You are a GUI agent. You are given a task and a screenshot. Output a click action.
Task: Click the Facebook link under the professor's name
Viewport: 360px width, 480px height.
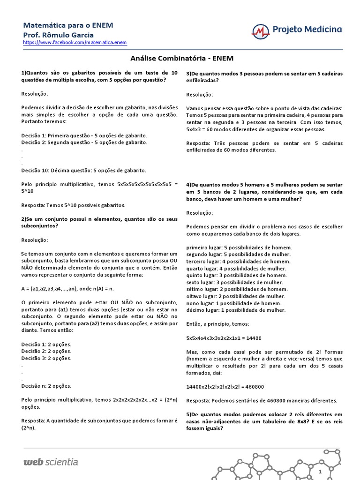point(75,43)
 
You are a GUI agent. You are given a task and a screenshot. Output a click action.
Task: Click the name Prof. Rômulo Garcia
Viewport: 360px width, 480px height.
point(59,35)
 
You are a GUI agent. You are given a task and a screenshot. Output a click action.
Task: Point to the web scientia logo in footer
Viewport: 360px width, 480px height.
point(51,462)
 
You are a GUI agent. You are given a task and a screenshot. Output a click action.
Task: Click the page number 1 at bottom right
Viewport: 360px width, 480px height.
point(320,471)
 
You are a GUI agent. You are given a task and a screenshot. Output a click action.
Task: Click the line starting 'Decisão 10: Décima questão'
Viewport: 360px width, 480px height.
point(84,170)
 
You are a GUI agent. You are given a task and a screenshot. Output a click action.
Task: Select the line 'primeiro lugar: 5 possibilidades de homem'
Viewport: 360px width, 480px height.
point(239,247)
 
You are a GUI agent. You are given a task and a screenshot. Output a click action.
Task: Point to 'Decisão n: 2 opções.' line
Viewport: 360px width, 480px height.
point(46,386)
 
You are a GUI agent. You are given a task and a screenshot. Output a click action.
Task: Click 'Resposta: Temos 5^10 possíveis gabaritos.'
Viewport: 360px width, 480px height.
point(74,205)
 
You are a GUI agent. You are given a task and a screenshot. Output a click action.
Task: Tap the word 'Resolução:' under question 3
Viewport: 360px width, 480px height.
point(199,94)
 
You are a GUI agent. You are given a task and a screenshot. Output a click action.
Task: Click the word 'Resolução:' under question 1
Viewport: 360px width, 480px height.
point(34,94)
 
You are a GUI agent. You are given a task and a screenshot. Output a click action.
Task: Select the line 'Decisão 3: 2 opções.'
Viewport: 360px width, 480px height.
point(46,358)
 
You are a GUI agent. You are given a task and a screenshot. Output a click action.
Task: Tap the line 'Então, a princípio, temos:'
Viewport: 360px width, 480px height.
point(218,324)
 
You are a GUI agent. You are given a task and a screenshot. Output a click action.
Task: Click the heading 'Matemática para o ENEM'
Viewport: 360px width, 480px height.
point(68,25)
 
